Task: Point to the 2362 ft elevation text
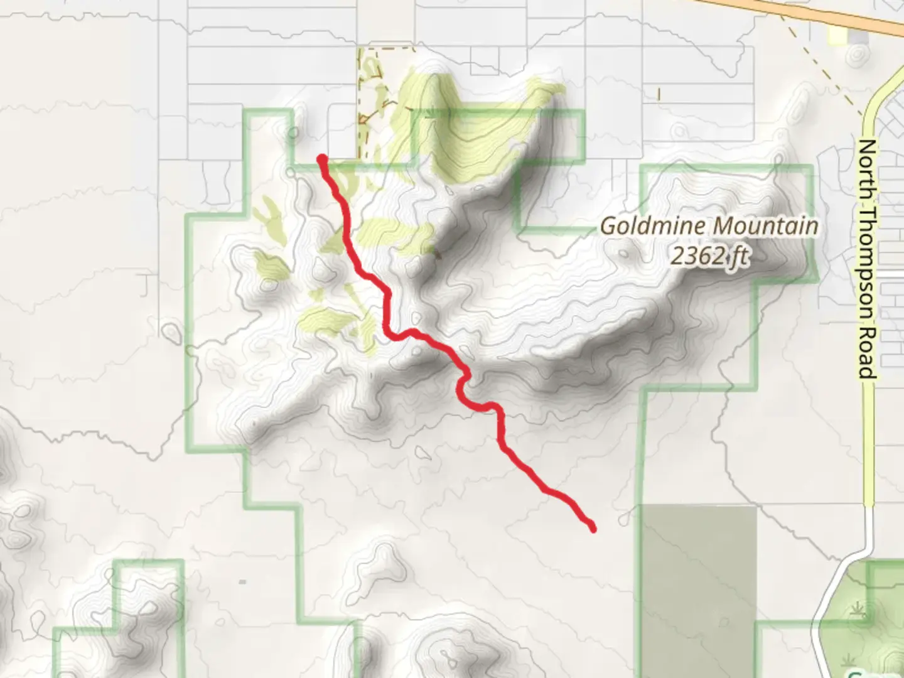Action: tap(709, 256)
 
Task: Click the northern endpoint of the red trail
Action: tap(322, 158)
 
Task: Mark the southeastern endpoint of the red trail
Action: tap(592, 529)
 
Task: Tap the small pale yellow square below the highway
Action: tap(837, 36)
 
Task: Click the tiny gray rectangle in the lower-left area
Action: tap(242, 582)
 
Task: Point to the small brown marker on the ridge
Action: tap(438, 255)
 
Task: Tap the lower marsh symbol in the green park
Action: tap(851, 660)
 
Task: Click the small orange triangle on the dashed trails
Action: tap(363, 119)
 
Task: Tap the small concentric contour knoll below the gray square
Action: tap(854, 56)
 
